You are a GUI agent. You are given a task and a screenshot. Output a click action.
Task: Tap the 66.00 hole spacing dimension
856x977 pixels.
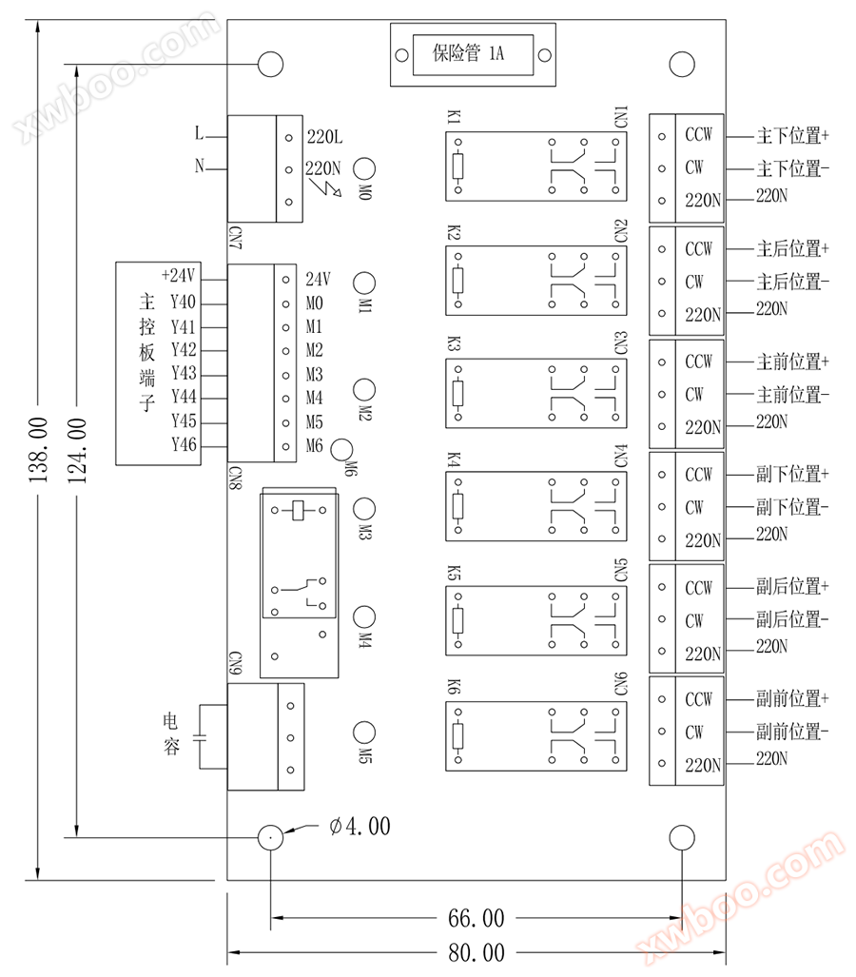tap(476, 919)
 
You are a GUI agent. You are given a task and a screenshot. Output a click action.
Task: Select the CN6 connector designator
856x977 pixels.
tap(621, 686)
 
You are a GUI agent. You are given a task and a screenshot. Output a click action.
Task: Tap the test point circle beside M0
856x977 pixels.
tap(363, 168)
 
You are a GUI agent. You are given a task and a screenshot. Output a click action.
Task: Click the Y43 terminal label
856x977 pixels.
tap(184, 374)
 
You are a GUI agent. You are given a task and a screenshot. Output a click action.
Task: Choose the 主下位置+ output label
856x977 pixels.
tap(792, 135)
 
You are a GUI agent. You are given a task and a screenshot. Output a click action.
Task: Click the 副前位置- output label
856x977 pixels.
tap(792, 733)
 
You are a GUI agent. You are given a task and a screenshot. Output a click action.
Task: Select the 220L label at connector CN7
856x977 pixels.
tap(324, 138)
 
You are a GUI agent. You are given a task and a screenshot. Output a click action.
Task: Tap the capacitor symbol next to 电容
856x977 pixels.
tap(200, 736)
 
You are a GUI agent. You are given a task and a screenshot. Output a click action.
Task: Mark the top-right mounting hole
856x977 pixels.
tap(682, 64)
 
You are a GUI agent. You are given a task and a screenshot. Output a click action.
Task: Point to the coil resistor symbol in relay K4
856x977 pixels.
tap(457, 504)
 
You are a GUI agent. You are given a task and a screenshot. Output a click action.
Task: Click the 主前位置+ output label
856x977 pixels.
tap(792, 361)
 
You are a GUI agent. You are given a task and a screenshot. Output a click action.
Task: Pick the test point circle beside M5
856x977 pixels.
tap(363, 732)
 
